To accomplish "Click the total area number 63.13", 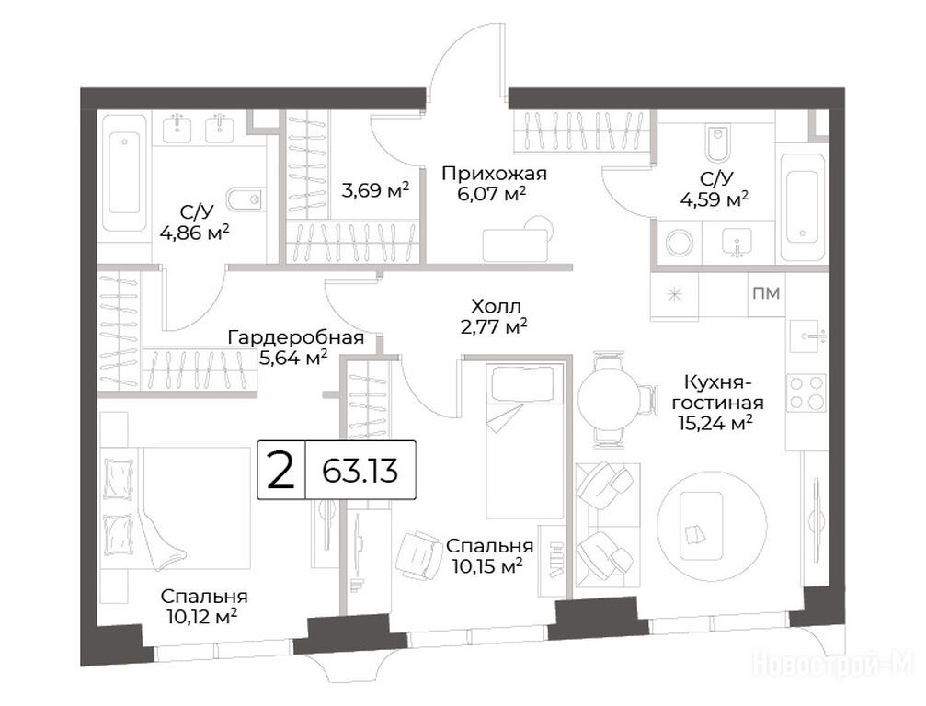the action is pyautogui.click(x=360, y=471).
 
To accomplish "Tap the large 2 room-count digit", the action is pyautogui.click(x=280, y=471).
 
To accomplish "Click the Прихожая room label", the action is pyautogui.click(x=495, y=174).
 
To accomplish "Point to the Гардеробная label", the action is pyautogui.click(x=296, y=337).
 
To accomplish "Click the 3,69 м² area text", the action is pyautogui.click(x=375, y=190).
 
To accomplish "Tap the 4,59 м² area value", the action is pyautogui.click(x=715, y=199).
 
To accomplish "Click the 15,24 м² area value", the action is pyautogui.click(x=715, y=422).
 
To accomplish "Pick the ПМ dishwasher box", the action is pyautogui.click(x=766, y=293).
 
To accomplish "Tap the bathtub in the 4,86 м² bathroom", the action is pyautogui.click(x=125, y=174).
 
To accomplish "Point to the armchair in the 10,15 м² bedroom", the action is pyautogui.click(x=418, y=555).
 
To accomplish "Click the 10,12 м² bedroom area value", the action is pyautogui.click(x=202, y=617).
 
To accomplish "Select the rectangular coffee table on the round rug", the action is pyautogui.click(x=701, y=526).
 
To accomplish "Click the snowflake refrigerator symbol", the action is pyautogui.click(x=674, y=294).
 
